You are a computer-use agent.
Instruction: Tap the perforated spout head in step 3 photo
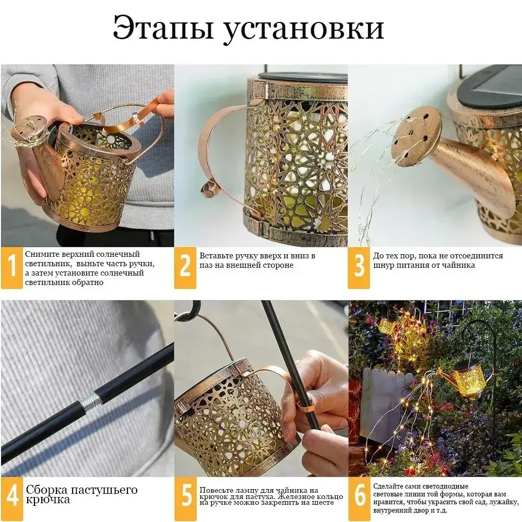pos(416,136)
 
